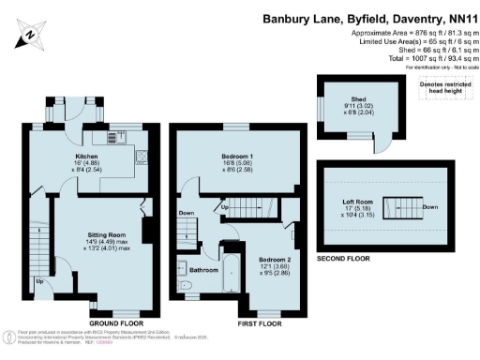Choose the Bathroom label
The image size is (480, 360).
click(x=205, y=270)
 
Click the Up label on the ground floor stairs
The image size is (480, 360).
click(x=38, y=280)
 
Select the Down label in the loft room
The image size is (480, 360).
click(x=428, y=207)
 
